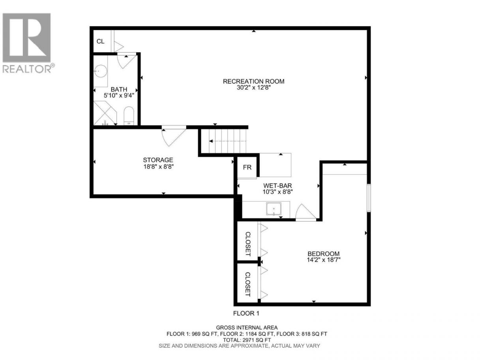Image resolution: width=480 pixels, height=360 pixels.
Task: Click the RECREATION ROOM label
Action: [253, 81]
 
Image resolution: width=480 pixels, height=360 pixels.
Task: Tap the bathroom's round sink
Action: [101, 71]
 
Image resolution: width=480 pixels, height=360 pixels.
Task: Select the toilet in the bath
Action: [129, 116]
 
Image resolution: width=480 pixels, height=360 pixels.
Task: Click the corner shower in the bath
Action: [105, 113]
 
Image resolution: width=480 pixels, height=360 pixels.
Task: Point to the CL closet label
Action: [100, 41]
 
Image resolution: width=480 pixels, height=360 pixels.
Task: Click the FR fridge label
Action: [247, 167]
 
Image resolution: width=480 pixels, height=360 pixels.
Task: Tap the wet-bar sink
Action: [274, 209]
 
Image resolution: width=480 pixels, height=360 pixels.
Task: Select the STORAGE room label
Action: [158, 160]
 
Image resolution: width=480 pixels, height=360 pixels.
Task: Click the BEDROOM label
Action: [323, 254]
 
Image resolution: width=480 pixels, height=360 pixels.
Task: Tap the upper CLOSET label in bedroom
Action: [248, 244]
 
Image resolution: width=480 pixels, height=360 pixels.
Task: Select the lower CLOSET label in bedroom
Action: [248, 284]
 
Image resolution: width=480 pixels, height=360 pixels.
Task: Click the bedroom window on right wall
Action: [369, 198]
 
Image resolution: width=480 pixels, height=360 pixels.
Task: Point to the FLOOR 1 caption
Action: [246, 313]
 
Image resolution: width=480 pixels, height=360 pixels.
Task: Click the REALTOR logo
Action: [27, 43]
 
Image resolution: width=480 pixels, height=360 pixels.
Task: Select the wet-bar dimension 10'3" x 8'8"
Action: [277, 192]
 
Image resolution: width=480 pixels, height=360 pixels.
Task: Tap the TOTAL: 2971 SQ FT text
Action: [247, 340]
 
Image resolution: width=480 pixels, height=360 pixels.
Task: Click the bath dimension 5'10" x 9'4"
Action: [119, 95]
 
